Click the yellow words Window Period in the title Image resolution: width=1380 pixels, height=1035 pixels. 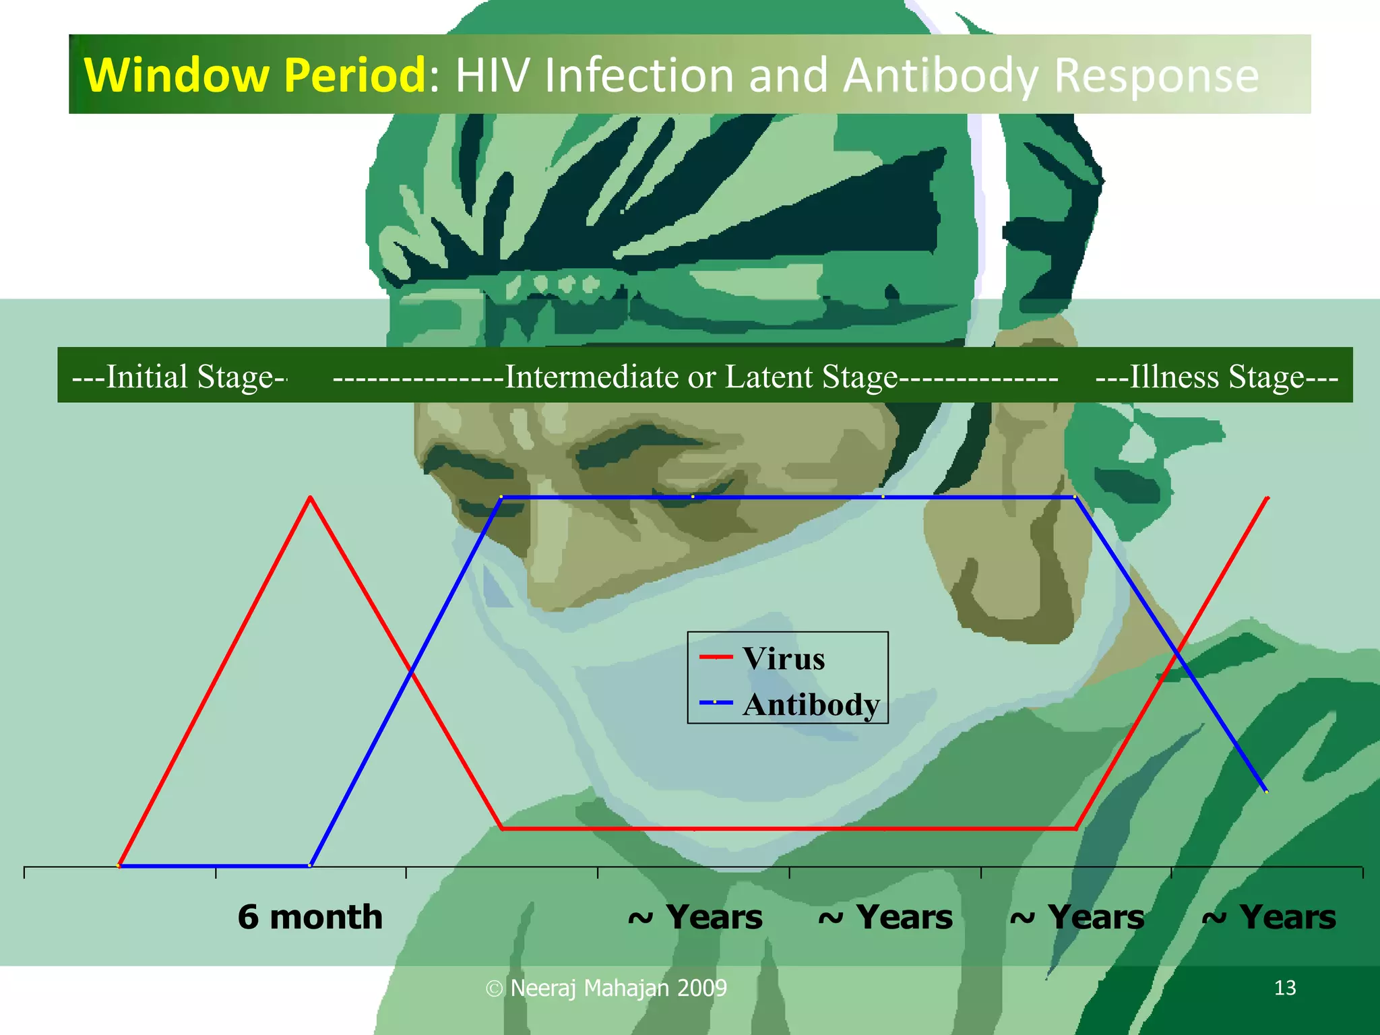click(x=255, y=75)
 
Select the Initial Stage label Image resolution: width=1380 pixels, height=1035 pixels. click(x=179, y=377)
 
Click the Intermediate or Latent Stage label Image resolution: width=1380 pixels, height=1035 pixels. click(x=701, y=377)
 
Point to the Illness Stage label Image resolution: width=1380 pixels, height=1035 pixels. click(x=1217, y=377)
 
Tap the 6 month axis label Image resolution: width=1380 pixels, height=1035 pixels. click(x=310, y=917)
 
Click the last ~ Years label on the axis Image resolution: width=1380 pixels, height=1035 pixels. click(x=1269, y=917)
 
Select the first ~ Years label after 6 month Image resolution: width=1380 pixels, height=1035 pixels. click(x=695, y=917)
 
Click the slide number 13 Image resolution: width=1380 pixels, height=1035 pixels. click(x=1285, y=988)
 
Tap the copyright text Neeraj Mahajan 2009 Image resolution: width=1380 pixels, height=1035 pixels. click(x=618, y=988)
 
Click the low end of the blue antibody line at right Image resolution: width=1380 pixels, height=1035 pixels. click(x=1266, y=791)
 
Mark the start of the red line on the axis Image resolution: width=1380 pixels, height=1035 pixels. click(x=119, y=865)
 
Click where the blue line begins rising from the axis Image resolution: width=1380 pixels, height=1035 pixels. click(x=310, y=865)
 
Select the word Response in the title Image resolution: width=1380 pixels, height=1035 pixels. click(x=1156, y=75)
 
